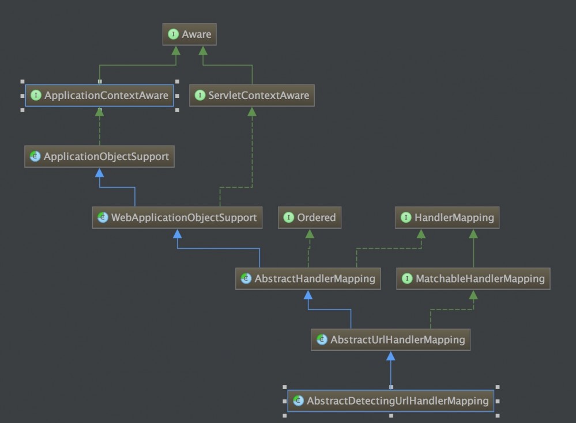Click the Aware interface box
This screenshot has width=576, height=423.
189,35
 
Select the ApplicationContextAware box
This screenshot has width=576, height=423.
99,96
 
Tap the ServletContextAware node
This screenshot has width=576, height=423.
252,96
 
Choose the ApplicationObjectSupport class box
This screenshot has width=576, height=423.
99,157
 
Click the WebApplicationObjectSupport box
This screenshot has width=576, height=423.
177,218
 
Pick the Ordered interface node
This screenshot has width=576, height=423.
309,218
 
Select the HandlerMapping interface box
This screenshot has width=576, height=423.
447,218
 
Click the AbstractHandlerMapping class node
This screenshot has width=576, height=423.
308,279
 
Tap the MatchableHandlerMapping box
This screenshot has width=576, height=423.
473,279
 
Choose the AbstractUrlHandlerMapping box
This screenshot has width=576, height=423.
391,340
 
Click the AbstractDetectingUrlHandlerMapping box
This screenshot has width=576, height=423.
391,401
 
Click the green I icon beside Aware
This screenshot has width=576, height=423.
173,35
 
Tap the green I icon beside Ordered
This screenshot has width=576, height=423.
289,218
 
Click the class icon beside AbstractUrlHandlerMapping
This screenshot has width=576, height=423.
322,340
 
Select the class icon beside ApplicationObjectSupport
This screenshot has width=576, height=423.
35,157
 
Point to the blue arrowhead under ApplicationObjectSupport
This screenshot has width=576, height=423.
99,173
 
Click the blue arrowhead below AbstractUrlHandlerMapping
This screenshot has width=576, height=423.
391,356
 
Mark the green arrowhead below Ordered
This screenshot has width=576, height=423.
309,234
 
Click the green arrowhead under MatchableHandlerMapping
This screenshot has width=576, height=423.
473,295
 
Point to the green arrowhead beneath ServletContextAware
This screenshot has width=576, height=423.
252,112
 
